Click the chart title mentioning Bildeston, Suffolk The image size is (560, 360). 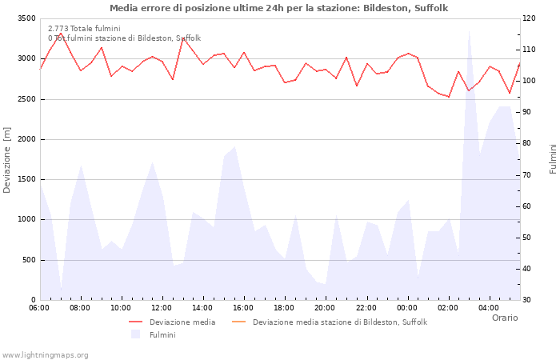click(278, 8)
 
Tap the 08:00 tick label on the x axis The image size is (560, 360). click(80, 307)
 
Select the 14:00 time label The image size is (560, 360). click(202, 307)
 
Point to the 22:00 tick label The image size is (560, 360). click(366, 307)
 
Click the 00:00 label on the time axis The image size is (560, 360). click(407, 307)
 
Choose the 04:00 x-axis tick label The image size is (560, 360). click(489, 307)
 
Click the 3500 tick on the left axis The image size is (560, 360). click(26, 18)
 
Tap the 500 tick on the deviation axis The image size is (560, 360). click(28, 260)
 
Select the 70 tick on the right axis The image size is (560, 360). click(530, 174)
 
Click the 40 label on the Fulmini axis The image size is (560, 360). click(530, 269)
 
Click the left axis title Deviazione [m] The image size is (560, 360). click(8, 159)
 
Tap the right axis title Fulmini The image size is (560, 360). click(552, 159)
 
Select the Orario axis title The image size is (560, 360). click(504, 318)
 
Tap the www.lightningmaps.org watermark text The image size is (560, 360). click(46, 354)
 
